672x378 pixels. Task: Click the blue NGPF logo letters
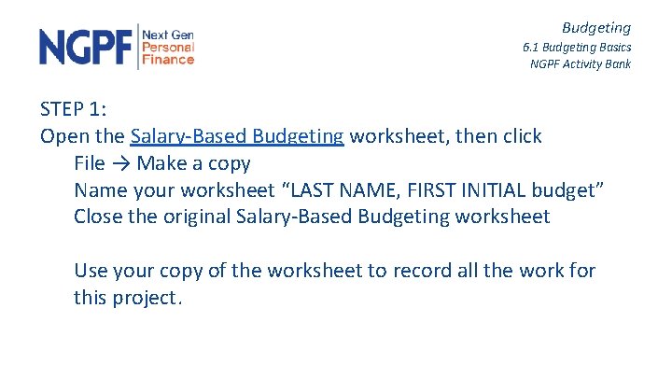pyautogui.click(x=86, y=47)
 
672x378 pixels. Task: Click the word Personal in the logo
pyautogui.click(x=168, y=47)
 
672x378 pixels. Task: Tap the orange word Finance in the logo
pyautogui.click(x=168, y=60)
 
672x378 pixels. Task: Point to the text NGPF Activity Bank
pyautogui.click(x=580, y=64)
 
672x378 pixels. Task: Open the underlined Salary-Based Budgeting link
pyautogui.click(x=237, y=136)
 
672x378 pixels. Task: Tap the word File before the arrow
pyautogui.click(x=89, y=163)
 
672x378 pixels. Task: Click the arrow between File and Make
pyautogui.click(x=120, y=163)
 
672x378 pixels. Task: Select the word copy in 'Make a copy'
pyautogui.click(x=229, y=164)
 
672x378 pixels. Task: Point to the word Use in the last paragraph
pyautogui.click(x=91, y=272)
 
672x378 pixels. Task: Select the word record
pyautogui.click(x=420, y=272)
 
